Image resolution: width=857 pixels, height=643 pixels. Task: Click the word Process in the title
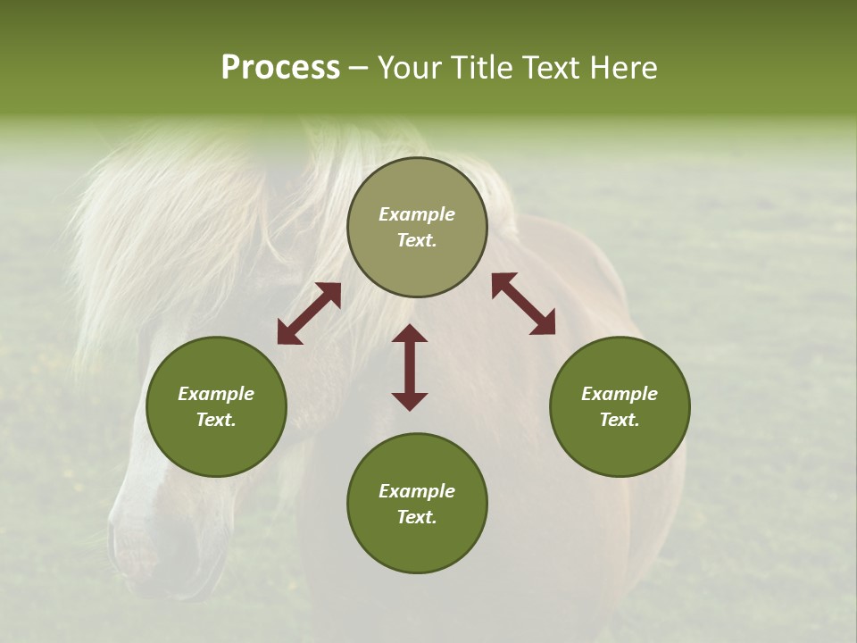[x=280, y=68]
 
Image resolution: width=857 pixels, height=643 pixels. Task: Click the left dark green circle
[x=216, y=406]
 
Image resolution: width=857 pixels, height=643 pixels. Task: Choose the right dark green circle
[x=620, y=406]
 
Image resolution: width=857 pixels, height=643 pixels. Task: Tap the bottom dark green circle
[x=417, y=503]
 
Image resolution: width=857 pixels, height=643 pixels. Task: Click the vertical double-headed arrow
[x=410, y=367]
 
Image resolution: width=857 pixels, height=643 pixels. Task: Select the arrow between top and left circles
[x=309, y=313]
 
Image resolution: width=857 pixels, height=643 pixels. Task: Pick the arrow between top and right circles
[x=524, y=304]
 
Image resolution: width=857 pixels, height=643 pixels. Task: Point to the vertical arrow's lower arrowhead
[x=410, y=401]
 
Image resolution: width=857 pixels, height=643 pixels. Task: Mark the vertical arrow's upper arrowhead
[x=410, y=334]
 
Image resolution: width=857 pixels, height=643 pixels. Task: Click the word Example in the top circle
[x=417, y=214]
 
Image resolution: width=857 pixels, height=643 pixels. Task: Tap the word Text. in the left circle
[x=216, y=420]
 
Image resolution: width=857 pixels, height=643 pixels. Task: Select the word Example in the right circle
[x=620, y=394]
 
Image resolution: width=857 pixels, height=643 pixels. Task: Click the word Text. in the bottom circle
[x=417, y=517]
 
